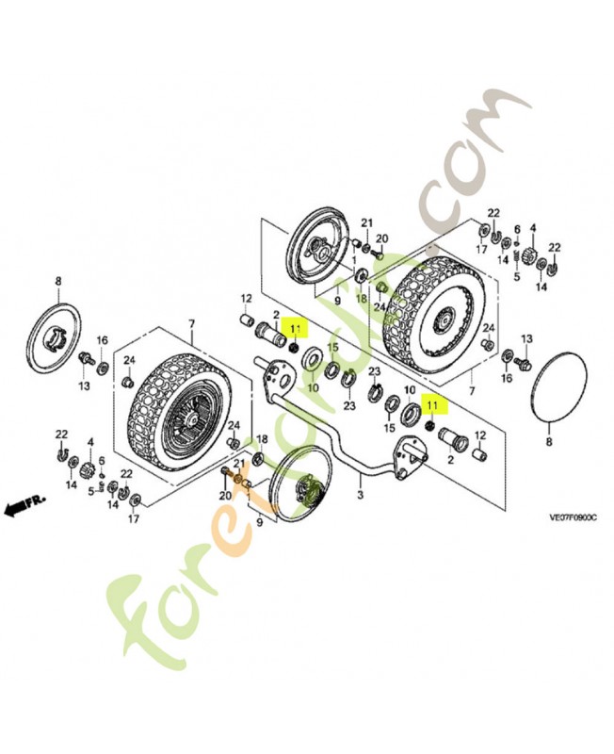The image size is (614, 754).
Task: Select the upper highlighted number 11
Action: [296, 329]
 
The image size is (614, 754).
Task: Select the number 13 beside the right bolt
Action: [527, 338]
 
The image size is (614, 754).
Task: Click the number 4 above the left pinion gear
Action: [90, 441]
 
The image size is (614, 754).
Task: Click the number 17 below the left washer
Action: [134, 517]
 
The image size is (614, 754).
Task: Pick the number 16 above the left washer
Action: [103, 339]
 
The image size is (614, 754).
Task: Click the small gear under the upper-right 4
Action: [531, 254]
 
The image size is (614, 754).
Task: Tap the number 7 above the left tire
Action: [191, 323]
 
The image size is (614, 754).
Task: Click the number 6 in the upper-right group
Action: [517, 229]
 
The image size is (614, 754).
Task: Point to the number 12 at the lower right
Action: [480, 435]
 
